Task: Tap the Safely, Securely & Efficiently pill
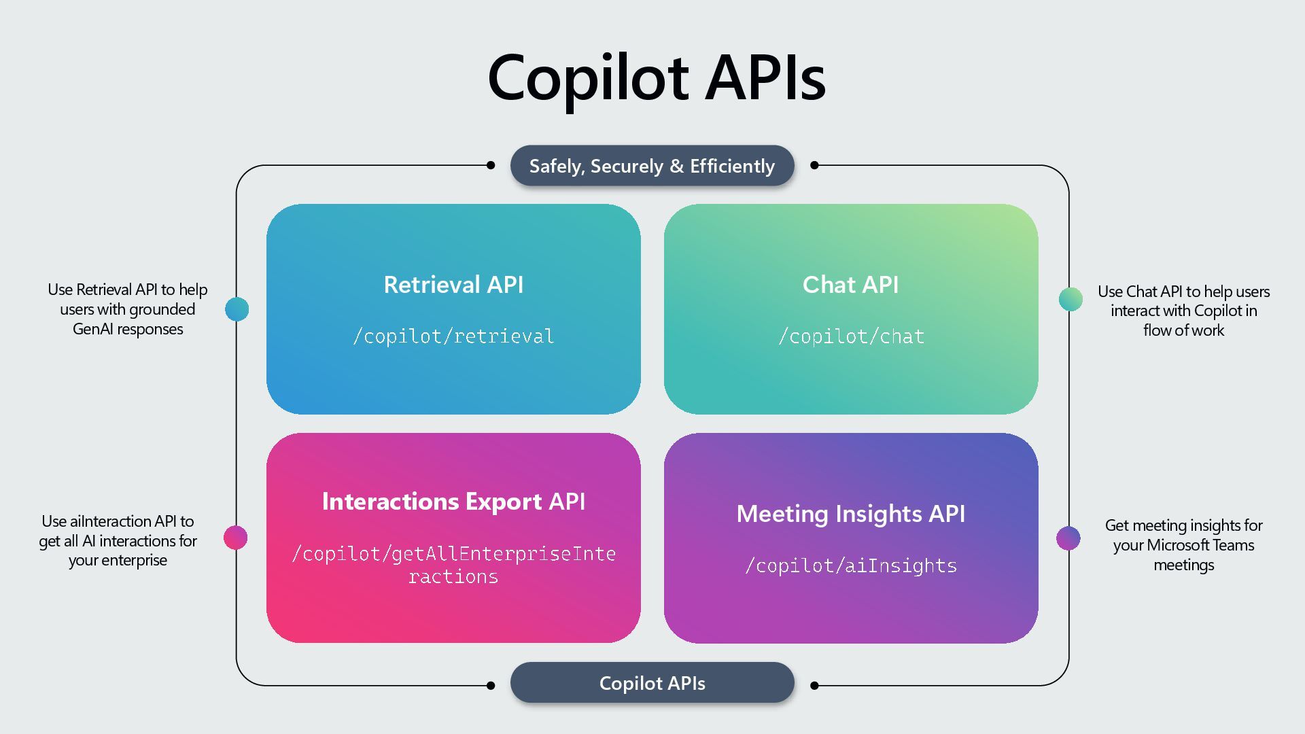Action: (652, 166)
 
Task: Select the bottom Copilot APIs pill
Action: (652, 683)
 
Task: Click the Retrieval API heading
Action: (453, 285)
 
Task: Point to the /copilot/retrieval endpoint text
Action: (453, 336)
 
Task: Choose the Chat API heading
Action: (850, 285)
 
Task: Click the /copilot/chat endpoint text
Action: (851, 336)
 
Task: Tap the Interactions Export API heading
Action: (453, 502)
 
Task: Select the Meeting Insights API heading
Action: (850, 514)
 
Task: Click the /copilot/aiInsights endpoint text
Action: (851, 565)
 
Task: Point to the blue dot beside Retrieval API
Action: (237, 309)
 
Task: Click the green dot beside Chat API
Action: (1071, 299)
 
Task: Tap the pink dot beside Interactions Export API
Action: (235, 538)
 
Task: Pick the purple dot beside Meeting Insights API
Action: (1068, 538)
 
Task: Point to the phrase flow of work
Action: (1183, 330)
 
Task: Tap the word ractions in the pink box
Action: (453, 577)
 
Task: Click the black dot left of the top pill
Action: (491, 165)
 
